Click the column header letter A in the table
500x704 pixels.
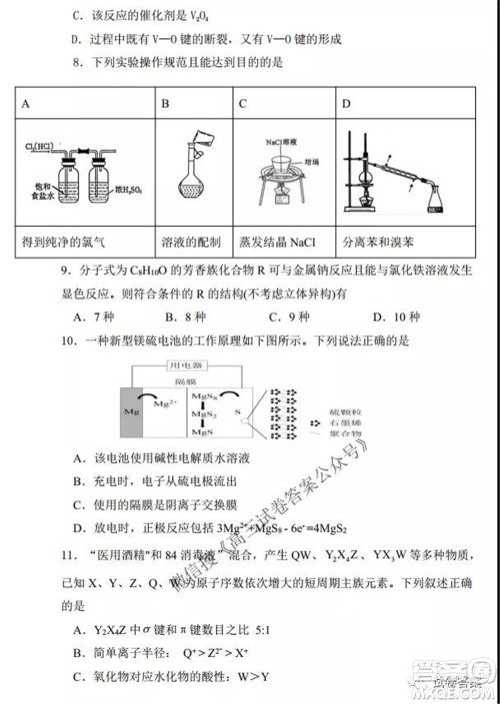pos(27,103)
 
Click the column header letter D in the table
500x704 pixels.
pos(347,103)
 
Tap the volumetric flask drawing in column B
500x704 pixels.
pos(187,181)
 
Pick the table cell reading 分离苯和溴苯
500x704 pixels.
pos(377,242)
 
